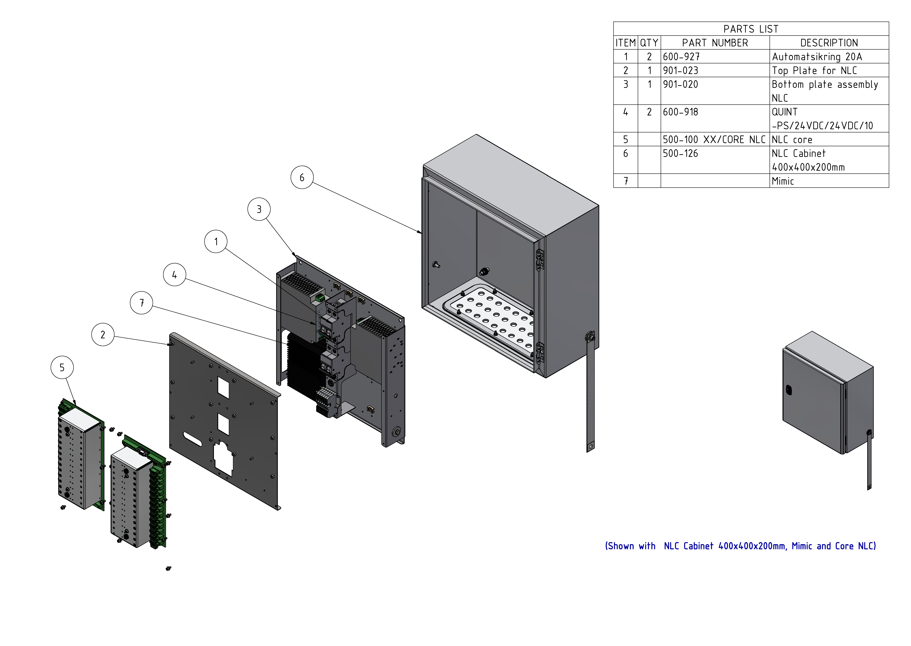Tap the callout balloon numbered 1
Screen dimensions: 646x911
coord(216,241)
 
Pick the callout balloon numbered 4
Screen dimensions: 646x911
coord(174,275)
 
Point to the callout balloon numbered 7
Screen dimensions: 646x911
coord(141,303)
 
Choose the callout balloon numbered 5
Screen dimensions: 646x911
coord(62,368)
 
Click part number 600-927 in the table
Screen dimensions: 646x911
coord(681,57)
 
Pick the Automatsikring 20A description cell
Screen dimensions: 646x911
coord(817,57)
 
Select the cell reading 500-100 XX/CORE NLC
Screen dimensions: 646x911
coord(714,140)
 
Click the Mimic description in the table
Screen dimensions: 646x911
coord(783,181)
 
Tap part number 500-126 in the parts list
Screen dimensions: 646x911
coord(680,154)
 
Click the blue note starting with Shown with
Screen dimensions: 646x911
coord(740,546)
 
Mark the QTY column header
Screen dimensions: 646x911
coord(649,43)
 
